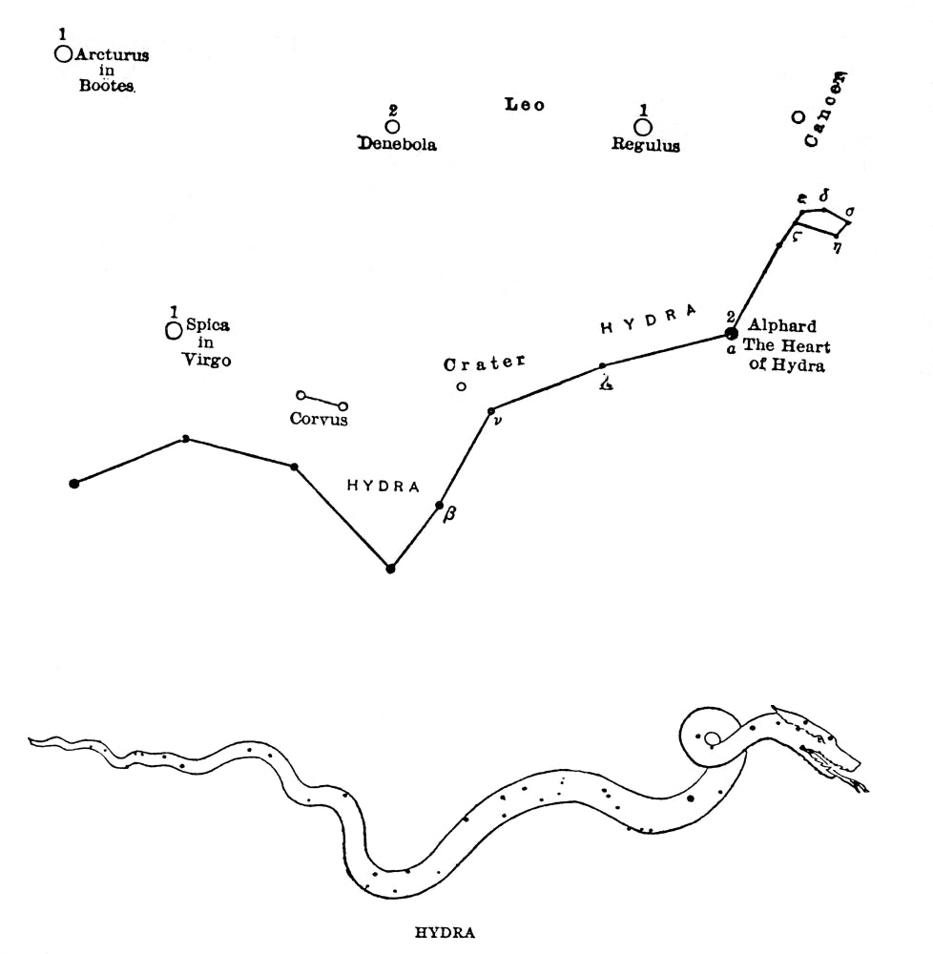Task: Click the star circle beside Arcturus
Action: pyautogui.click(x=63, y=54)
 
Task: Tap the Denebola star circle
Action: pyautogui.click(x=393, y=127)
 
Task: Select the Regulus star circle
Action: pyautogui.click(x=643, y=128)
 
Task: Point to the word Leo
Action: pyautogui.click(x=525, y=105)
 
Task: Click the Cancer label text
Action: pyautogui.click(x=825, y=110)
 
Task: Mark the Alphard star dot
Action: pyautogui.click(x=732, y=333)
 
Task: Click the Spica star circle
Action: pyautogui.click(x=174, y=331)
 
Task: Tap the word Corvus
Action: pyautogui.click(x=319, y=419)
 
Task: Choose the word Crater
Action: pyautogui.click(x=484, y=363)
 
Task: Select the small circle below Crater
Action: pyautogui.click(x=461, y=386)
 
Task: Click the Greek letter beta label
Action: pyautogui.click(x=449, y=514)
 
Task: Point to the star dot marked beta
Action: pyautogui.click(x=439, y=505)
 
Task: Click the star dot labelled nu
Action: pyautogui.click(x=491, y=411)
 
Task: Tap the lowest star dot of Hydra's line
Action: pyautogui.click(x=390, y=569)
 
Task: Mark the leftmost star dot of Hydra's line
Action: pyautogui.click(x=74, y=484)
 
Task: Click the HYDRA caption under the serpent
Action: pyautogui.click(x=445, y=933)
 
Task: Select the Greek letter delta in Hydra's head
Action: pyautogui.click(x=824, y=196)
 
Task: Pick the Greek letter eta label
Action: pyautogui.click(x=839, y=247)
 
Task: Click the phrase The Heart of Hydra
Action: pyautogui.click(x=786, y=355)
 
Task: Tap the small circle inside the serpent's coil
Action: pyautogui.click(x=711, y=738)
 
